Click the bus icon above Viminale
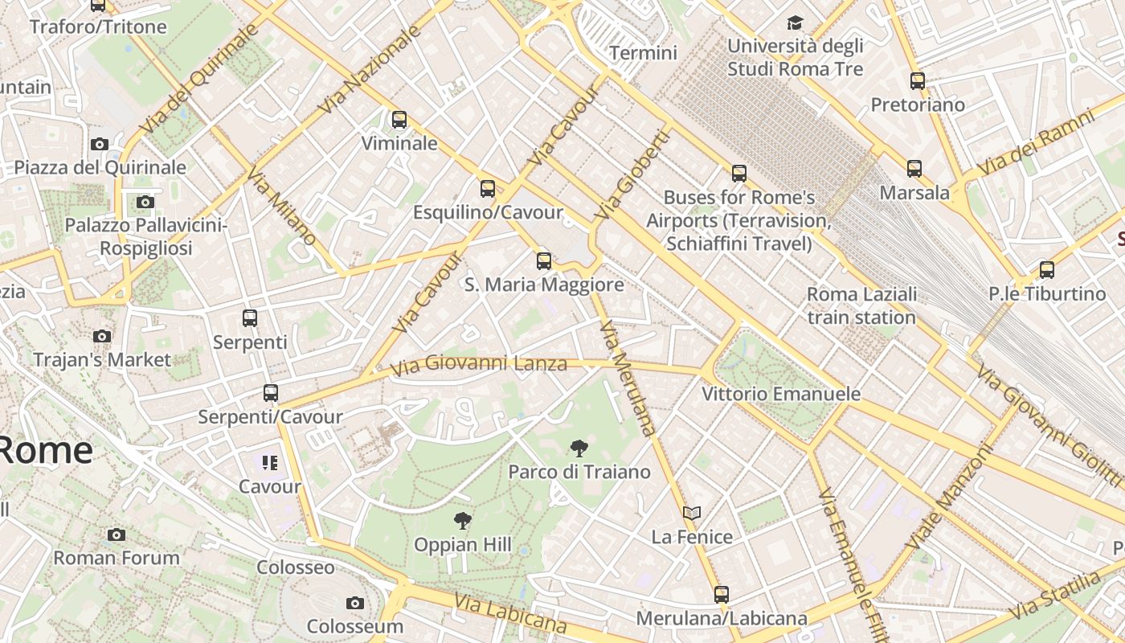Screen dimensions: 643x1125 [399, 120]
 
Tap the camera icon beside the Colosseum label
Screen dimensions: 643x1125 [354, 603]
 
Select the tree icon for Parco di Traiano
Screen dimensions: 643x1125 [579, 448]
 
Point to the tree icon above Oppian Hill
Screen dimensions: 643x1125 [462, 521]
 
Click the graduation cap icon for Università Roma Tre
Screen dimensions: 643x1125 [795, 23]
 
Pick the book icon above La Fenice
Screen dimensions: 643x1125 [692, 513]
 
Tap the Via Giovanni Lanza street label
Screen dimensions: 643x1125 [479, 366]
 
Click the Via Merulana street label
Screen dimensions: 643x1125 [628, 378]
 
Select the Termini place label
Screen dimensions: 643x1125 [643, 53]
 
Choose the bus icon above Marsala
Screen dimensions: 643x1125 [914, 169]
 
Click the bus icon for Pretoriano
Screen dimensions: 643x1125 [918, 81]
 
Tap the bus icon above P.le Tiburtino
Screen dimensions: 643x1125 [1047, 270]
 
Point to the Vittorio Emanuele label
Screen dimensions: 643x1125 [781, 394]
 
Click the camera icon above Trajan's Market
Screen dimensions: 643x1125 [102, 336]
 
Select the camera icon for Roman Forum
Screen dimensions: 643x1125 [117, 534]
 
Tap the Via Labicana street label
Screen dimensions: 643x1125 [510, 613]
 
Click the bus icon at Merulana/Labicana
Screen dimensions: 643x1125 [722, 595]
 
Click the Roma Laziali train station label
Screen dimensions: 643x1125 [861, 305]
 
